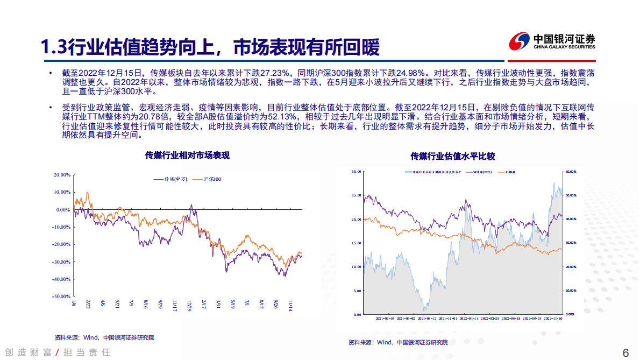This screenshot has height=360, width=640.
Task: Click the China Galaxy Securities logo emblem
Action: pyautogui.click(x=520, y=41)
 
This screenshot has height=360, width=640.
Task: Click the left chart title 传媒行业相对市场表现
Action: pyautogui.click(x=187, y=156)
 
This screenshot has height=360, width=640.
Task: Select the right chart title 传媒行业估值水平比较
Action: pyautogui.click(x=452, y=156)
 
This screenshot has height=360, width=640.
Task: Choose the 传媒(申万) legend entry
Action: pyautogui.click(x=170, y=179)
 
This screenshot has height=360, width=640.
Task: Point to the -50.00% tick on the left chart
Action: pyautogui.click(x=62, y=297)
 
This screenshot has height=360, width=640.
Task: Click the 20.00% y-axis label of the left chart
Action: pyautogui.click(x=62, y=175)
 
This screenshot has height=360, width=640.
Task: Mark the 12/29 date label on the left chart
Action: pyautogui.click(x=190, y=305)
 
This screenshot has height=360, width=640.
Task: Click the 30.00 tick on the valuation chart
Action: pyautogui.click(x=355, y=172)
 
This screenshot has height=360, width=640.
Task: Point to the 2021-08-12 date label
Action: pyautogui.click(x=424, y=318)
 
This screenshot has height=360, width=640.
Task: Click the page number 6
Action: pyautogui.click(x=625, y=353)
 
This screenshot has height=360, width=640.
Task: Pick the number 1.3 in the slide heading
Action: pyautogui.click(x=54, y=48)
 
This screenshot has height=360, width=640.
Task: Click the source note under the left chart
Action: pyautogui.click(x=104, y=337)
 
